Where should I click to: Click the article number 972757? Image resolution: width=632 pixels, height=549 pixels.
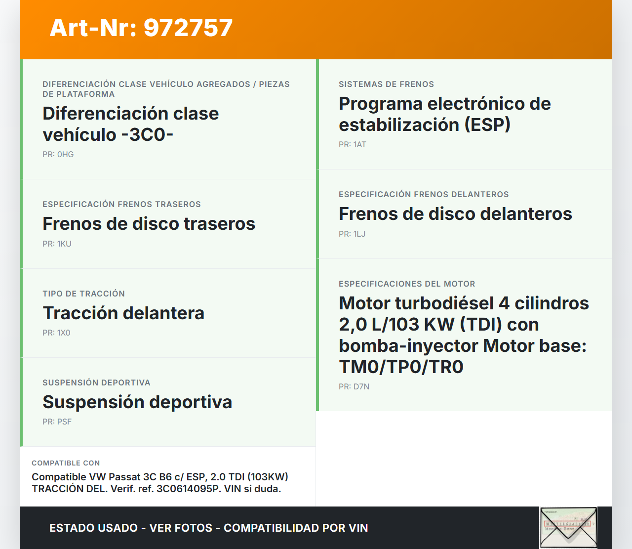[x=188, y=28]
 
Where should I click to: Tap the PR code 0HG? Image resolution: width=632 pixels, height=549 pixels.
[x=66, y=154]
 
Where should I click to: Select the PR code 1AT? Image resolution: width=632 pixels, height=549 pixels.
[x=359, y=144]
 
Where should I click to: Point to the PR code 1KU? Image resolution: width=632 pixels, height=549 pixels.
[x=64, y=244]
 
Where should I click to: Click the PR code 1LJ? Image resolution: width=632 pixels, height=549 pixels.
[x=359, y=234]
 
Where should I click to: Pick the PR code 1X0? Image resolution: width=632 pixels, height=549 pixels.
[x=64, y=333]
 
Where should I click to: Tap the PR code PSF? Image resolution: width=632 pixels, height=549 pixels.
[x=64, y=422]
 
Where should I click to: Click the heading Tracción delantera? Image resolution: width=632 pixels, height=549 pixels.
[x=123, y=313]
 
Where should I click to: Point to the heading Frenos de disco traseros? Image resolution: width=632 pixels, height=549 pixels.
[x=149, y=223]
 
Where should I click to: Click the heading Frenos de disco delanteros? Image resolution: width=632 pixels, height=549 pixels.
[x=455, y=213]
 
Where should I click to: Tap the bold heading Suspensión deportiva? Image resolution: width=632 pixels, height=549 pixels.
[x=137, y=402]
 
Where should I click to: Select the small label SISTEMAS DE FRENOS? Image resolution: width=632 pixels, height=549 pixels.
[x=386, y=84]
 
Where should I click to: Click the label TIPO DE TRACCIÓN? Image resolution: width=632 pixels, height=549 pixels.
[x=84, y=294]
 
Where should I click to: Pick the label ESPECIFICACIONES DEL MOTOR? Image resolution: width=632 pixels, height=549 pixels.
[x=407, y=284]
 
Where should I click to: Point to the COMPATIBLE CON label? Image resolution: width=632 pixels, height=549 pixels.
[x=66, y=463]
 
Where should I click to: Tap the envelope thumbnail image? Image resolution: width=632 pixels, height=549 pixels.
[x=568, y=528]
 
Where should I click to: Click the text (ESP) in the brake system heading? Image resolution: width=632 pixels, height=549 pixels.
[x=487, y=125]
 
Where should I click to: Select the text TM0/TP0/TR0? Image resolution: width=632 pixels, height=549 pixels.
[x=401, y=367]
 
